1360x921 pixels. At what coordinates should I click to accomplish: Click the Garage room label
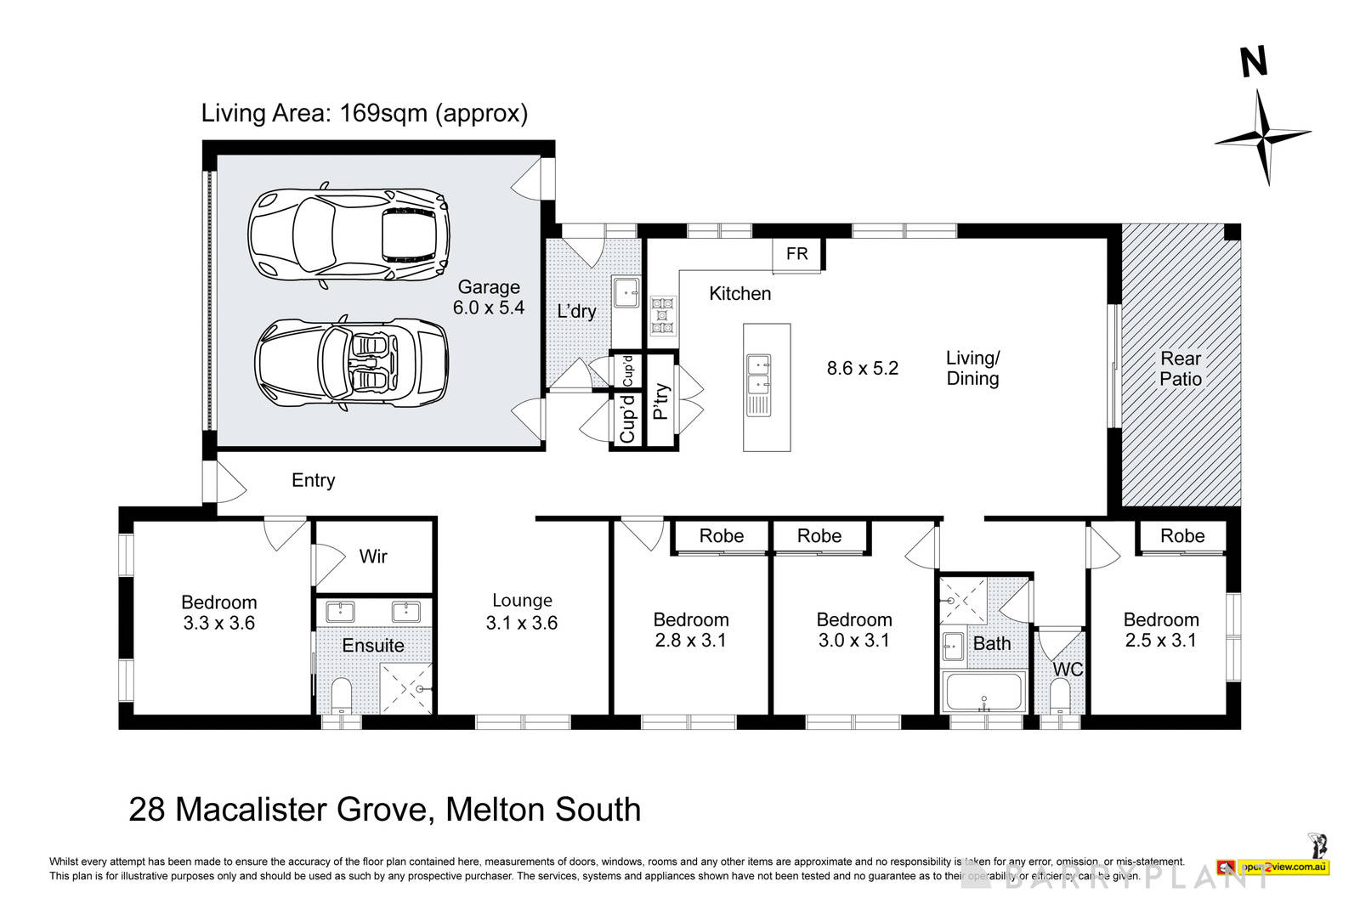click(489, 287)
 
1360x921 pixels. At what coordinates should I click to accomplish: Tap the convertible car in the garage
click(352, 366)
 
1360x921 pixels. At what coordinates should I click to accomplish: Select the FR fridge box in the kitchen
click(796, 254)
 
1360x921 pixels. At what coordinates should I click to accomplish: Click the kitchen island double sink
click(757, 385)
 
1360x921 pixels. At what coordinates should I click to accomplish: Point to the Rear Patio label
click(1181, 369)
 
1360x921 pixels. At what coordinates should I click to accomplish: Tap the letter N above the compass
click(1253, 62)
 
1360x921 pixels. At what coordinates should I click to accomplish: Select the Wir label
click(373, 557)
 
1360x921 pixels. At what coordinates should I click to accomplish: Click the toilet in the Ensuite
click(341, 695)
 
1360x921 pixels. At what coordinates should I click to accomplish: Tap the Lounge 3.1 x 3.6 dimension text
click(521, 623)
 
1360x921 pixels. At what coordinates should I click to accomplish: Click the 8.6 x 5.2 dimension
click(862, 368)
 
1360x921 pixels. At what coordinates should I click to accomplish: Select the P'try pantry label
click(660, 402)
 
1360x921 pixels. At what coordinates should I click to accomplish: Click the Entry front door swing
click(228, 482)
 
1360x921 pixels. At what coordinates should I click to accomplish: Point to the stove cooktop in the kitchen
click(662, 314)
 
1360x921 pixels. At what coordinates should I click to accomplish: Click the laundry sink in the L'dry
click(626, 290)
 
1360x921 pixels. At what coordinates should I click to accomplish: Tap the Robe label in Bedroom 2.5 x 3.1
click(1182, 536)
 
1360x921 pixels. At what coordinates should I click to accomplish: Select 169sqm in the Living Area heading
click(382, 113)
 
